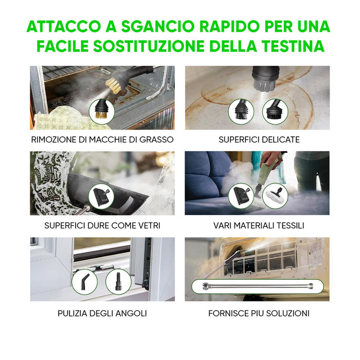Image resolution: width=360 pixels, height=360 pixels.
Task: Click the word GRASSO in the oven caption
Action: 155,139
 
